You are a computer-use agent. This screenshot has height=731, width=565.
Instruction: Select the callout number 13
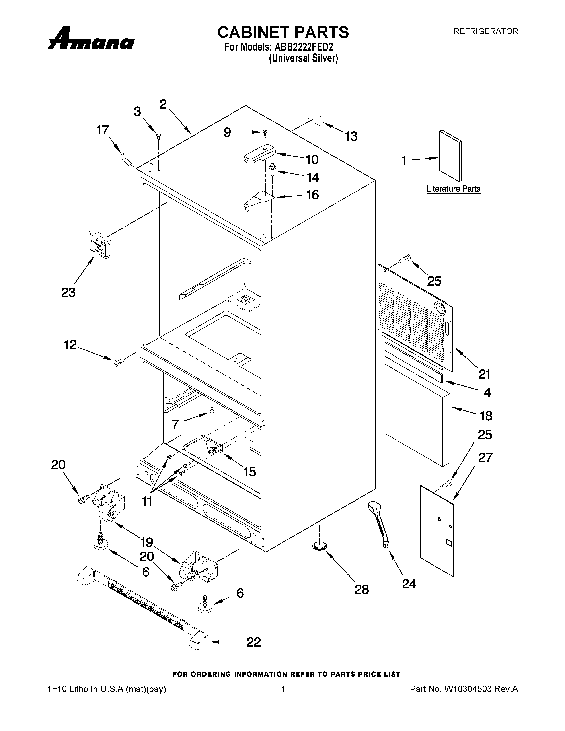pyautogui.click(x=351, y=136)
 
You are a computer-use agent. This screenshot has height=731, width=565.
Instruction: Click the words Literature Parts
pyautogui.click(x=453, y=189)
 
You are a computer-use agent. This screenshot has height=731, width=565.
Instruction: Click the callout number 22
pyautogui.click(x=253, y=642)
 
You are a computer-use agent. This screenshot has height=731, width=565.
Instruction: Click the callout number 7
pyautogui.click(x=176, y=424)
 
